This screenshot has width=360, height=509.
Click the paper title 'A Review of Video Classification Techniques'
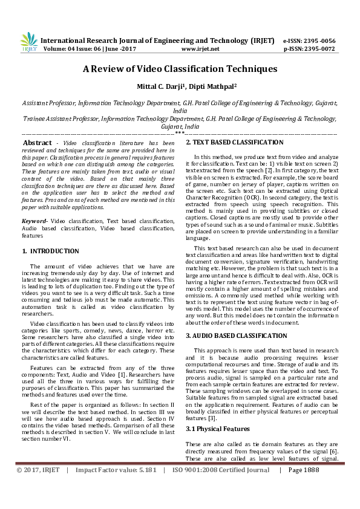180,69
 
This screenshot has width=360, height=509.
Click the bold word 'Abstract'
37,143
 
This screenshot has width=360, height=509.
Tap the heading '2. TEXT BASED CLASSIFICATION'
230,142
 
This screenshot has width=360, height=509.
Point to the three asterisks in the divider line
180,132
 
